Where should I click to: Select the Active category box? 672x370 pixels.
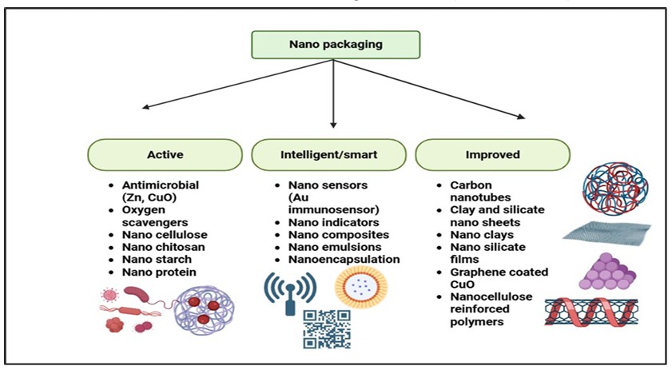165,154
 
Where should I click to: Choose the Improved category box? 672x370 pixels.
493,154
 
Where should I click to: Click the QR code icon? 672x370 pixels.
327,328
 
